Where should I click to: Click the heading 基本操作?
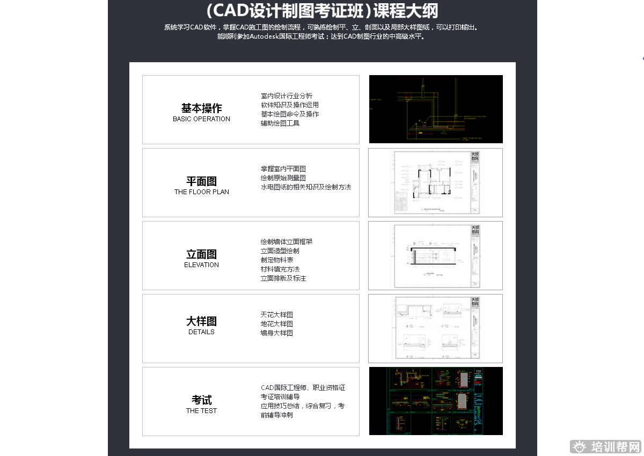(x=201, y=108)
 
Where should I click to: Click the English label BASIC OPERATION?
(x=201, y=119)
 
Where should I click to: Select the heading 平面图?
(x=201, y=181)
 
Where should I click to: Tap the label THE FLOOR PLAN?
(x=201, y=192)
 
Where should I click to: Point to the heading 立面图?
(x=201, y=254)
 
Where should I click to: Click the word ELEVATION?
(x=201, y=265)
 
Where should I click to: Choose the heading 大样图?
(x=201, y=321)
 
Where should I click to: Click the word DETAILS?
(x=201, y=332)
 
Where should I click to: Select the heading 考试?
(x=201, y=400)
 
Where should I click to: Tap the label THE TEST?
(x=201, y=411)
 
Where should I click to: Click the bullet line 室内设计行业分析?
(x=287, y=96)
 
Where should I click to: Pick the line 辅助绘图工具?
(x=280, y=123)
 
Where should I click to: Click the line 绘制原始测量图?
(x=283, y=178)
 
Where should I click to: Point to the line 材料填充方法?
(x=280, y=269)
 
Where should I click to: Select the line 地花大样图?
(x=277, y=324)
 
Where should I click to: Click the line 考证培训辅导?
(x=280, y=397)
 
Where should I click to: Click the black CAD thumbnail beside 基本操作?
(x=436, y=109)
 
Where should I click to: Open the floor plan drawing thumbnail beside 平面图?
(x=435, y=182)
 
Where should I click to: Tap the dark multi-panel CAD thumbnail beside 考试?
(x=436, y=401)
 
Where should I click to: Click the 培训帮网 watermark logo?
(x=606, y=446)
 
